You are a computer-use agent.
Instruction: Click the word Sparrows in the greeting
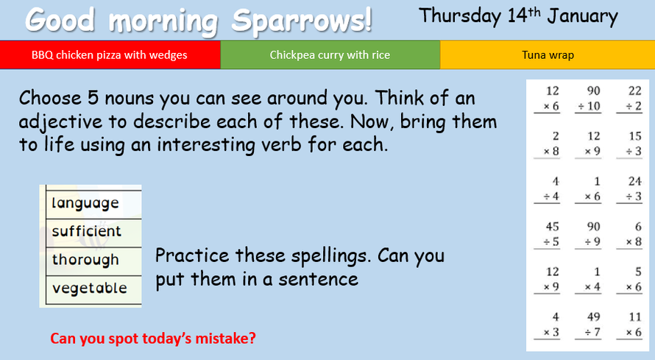coord(301,21)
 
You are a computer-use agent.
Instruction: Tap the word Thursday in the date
coord(460,17)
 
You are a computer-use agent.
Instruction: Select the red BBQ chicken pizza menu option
coord(110,54)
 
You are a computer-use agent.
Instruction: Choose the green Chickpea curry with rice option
coord(330,54)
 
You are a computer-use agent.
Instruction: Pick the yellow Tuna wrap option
coord(548,54)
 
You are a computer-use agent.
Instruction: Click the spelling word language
coord(85,203)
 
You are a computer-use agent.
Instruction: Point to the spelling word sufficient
coord(86,230)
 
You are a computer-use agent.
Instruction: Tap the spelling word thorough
coord(85,260)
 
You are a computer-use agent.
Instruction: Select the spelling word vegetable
coord(89,288)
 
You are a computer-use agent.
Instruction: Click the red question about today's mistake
coord(153,338)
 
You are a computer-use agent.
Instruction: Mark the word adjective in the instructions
coord(60,122)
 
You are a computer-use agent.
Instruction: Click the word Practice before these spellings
coord(192,255)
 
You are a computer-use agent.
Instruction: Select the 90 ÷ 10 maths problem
coord(589,99)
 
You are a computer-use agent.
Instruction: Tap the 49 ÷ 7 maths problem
coord(589,325)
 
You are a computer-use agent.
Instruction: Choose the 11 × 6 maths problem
coord(629,325)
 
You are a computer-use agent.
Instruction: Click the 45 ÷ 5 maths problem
coord(548,234)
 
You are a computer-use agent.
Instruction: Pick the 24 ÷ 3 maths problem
coord(629,189)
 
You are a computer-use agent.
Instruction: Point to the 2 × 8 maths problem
coord(548,144)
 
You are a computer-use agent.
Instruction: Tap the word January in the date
coord(582,17)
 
